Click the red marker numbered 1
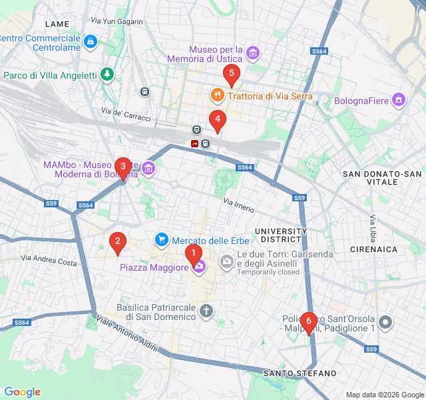[193, 253]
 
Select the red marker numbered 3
[122, 167]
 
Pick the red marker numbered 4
[217, 120]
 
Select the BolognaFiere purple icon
[399, 100]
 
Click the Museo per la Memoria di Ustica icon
[253, 53]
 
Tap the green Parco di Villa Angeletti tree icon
[106, 75]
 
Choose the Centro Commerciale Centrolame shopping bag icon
[91, 42]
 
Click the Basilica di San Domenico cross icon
[207, 311]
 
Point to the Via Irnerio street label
[238, 205]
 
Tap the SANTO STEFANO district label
[300, 373]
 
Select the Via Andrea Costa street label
[49, 260]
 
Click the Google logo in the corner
[22, 392]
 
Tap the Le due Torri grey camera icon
[227, 260]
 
